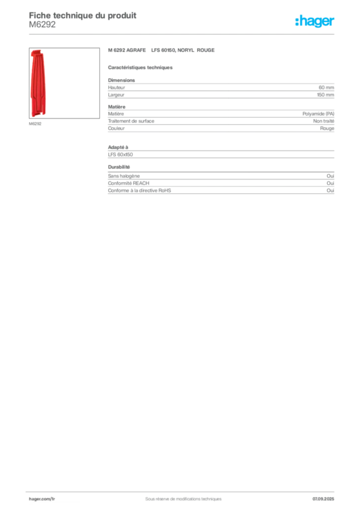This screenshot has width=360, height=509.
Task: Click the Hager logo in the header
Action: pyautogui.click(x=315, y=21)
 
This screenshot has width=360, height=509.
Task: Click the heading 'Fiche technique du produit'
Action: pyautogui.click(x=83, y=15)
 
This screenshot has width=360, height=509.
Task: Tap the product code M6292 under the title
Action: pyautogui.click(x=42, y=24)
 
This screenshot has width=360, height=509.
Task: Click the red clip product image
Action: pyautogui.click(x=38, y=83)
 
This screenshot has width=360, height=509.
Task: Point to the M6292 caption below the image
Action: pyautogui.click(x=35, y=124)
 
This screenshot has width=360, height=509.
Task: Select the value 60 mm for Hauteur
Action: pyautogui.click(x=326, y=87)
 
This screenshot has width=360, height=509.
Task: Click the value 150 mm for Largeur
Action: pyautogui.click(x=326, y=95)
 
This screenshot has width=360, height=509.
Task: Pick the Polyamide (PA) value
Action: pyautogui.click(x=318, y=114)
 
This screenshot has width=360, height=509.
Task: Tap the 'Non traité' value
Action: pyautogui.click(x=324, y=121)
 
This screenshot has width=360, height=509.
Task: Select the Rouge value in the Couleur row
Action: pyautogui.click(x=327, y=128)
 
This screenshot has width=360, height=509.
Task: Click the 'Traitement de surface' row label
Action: pyautogui.click(x=131, y=121)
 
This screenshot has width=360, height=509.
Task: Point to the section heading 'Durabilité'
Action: pyautogui.click(x=119, y=167)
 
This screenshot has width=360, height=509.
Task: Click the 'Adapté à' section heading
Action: pyautogui.click(x=118, y=147)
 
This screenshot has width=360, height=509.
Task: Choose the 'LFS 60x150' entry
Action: pyautogui.click(x=120, y=155)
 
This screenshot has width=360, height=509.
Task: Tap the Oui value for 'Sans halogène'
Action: pyautogui.click(x=331, y=175)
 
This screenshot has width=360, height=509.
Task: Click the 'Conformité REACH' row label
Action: pyautogui.click(x=129, y=183)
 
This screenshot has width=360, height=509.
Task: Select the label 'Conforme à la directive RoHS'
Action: pyautogui.click(x=140, y=190)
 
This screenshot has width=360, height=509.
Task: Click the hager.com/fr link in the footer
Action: pyautogui.click(x=42, y=499)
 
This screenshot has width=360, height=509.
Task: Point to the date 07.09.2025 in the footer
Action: pyautogui.click(x=323, y=499)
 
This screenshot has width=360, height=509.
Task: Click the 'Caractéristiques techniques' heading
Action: pyautogui.click(x=140, y=68)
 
